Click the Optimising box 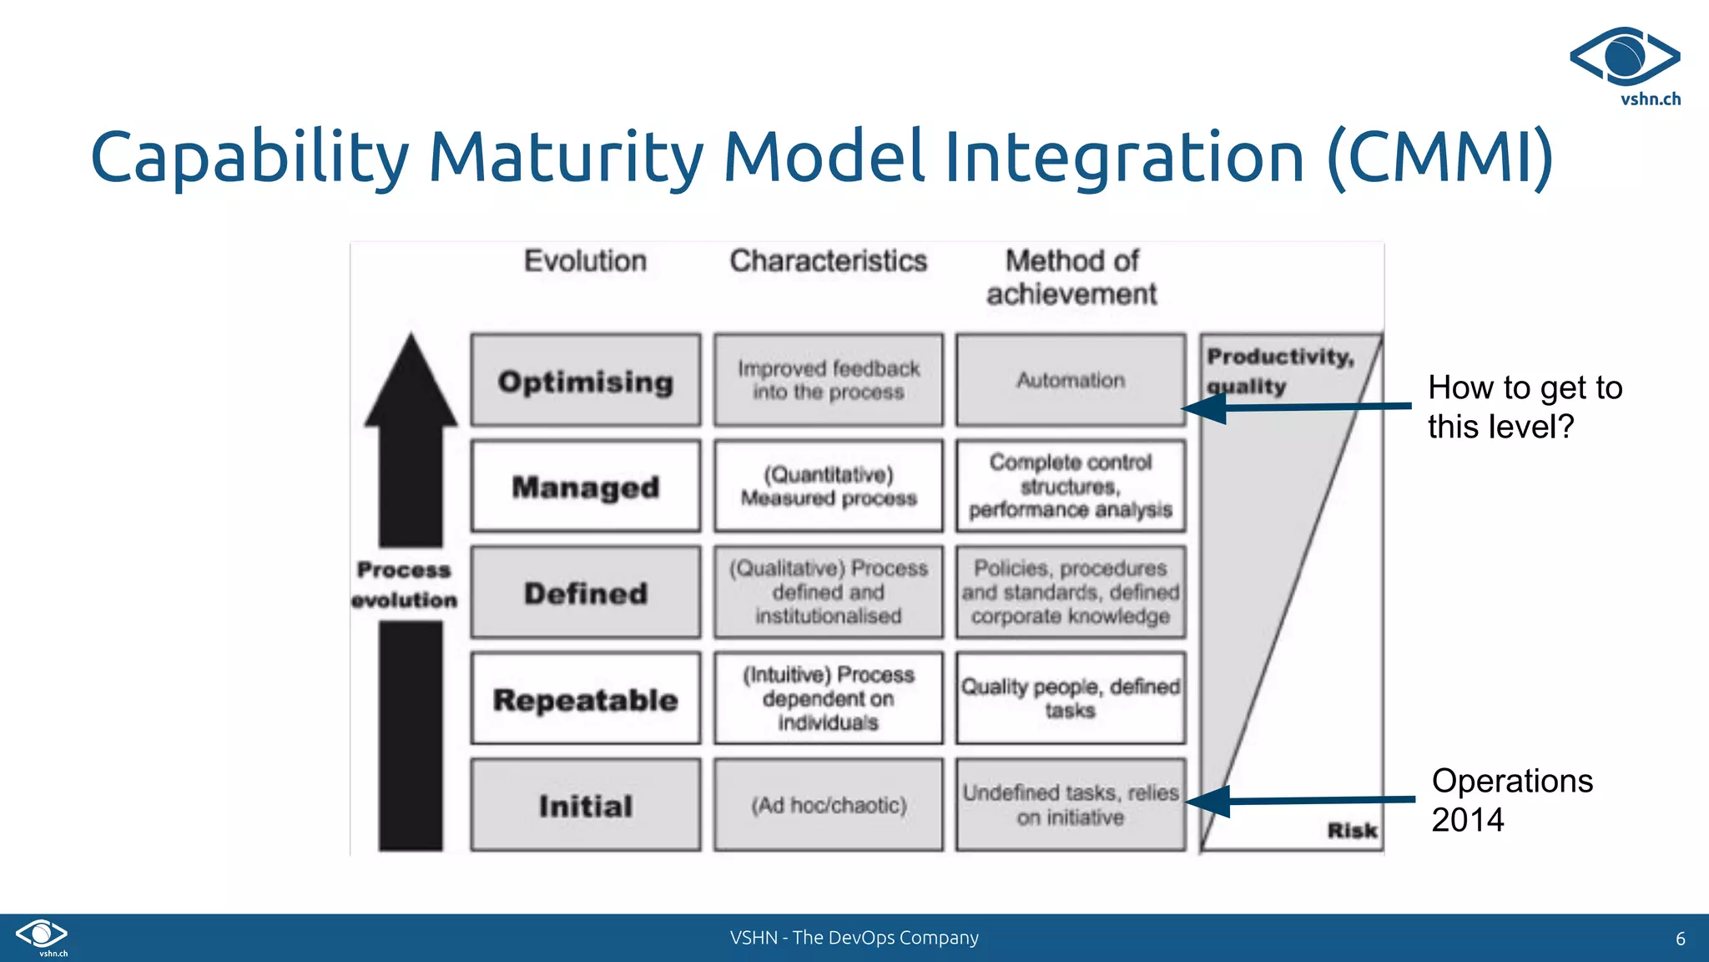[x=585, y=381]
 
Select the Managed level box [x=585, y=486]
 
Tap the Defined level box [x=585, y=593]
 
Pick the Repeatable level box [x=585, y=699]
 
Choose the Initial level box [x=585, y=805]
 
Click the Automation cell [x=1071, y=381]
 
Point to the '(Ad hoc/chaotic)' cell [x=829, y=805]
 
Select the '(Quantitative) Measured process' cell [x=829, y=486]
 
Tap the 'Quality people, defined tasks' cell [x=1071, y=699]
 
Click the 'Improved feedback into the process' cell [x=829, y=381]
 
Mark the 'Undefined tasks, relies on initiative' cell [x=1071, y=805]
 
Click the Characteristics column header [x=829, y=261]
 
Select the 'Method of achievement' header [x=1071, y=277]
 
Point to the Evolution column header [x=585, y=261]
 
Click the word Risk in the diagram [x=1352, y=830]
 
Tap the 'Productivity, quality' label [x=1279, y=371]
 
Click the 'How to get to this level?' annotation [x=1525, y=407]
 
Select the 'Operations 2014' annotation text [x=1511, y=800]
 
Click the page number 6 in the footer [x=1680, y=939]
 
